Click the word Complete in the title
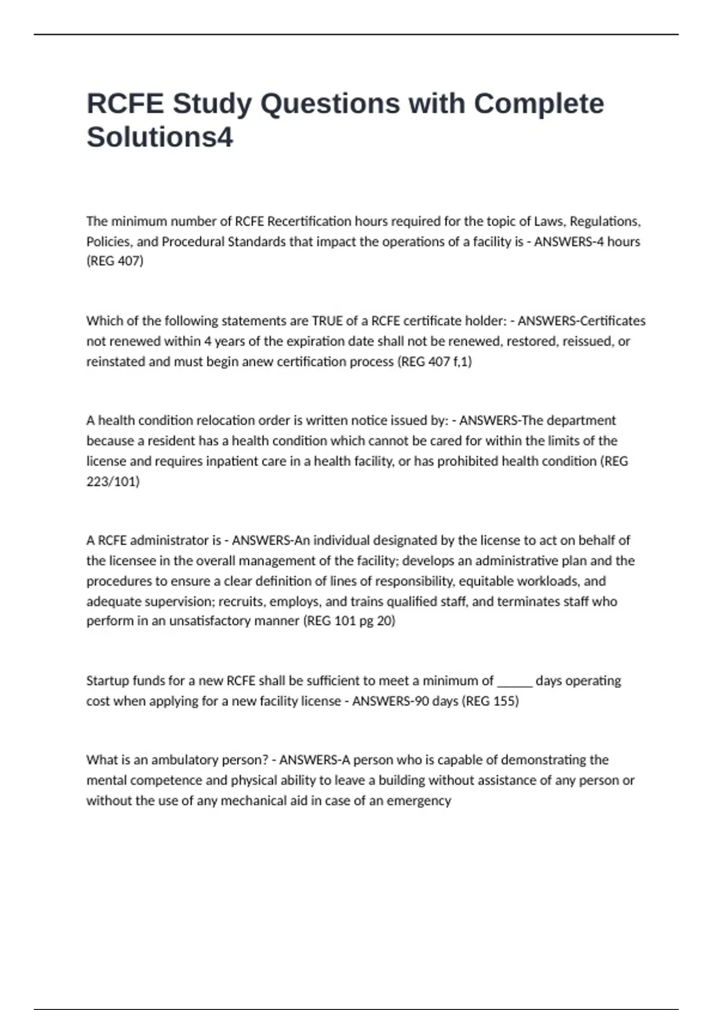538,104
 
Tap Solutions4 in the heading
160,137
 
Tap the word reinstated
116,362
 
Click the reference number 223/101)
113,481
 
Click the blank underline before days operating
515,683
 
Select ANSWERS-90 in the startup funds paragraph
390,701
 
